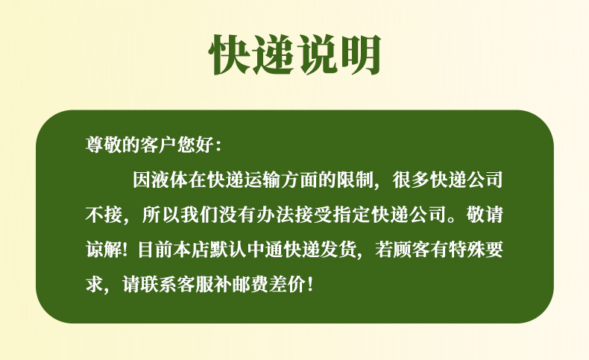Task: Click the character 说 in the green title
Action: click(x=317, y=55)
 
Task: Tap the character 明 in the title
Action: click(x=360, y=55)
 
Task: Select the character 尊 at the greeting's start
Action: click(x=94, y=145)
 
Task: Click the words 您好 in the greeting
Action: click(x=195, y=145)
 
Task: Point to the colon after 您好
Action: click(x=219, y=145)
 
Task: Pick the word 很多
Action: click(x=411, y=180)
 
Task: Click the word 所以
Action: click(x=161, y=215)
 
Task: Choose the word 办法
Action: click(x=275, y=215)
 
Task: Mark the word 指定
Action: click(x=352, y=215)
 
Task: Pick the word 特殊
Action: click(x=466, y=250)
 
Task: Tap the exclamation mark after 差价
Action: click(x=309, y=285)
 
